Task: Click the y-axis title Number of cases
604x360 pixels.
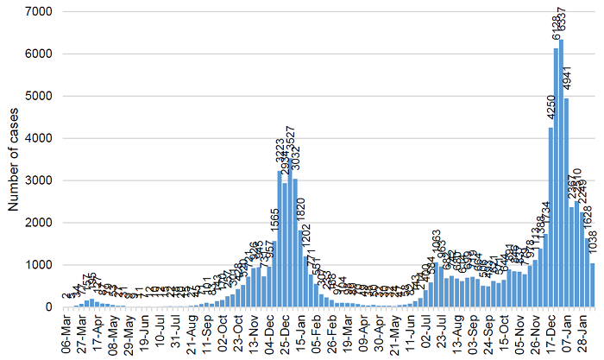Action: tap(14, 161)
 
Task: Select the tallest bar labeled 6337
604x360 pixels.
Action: tap(561, 173)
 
